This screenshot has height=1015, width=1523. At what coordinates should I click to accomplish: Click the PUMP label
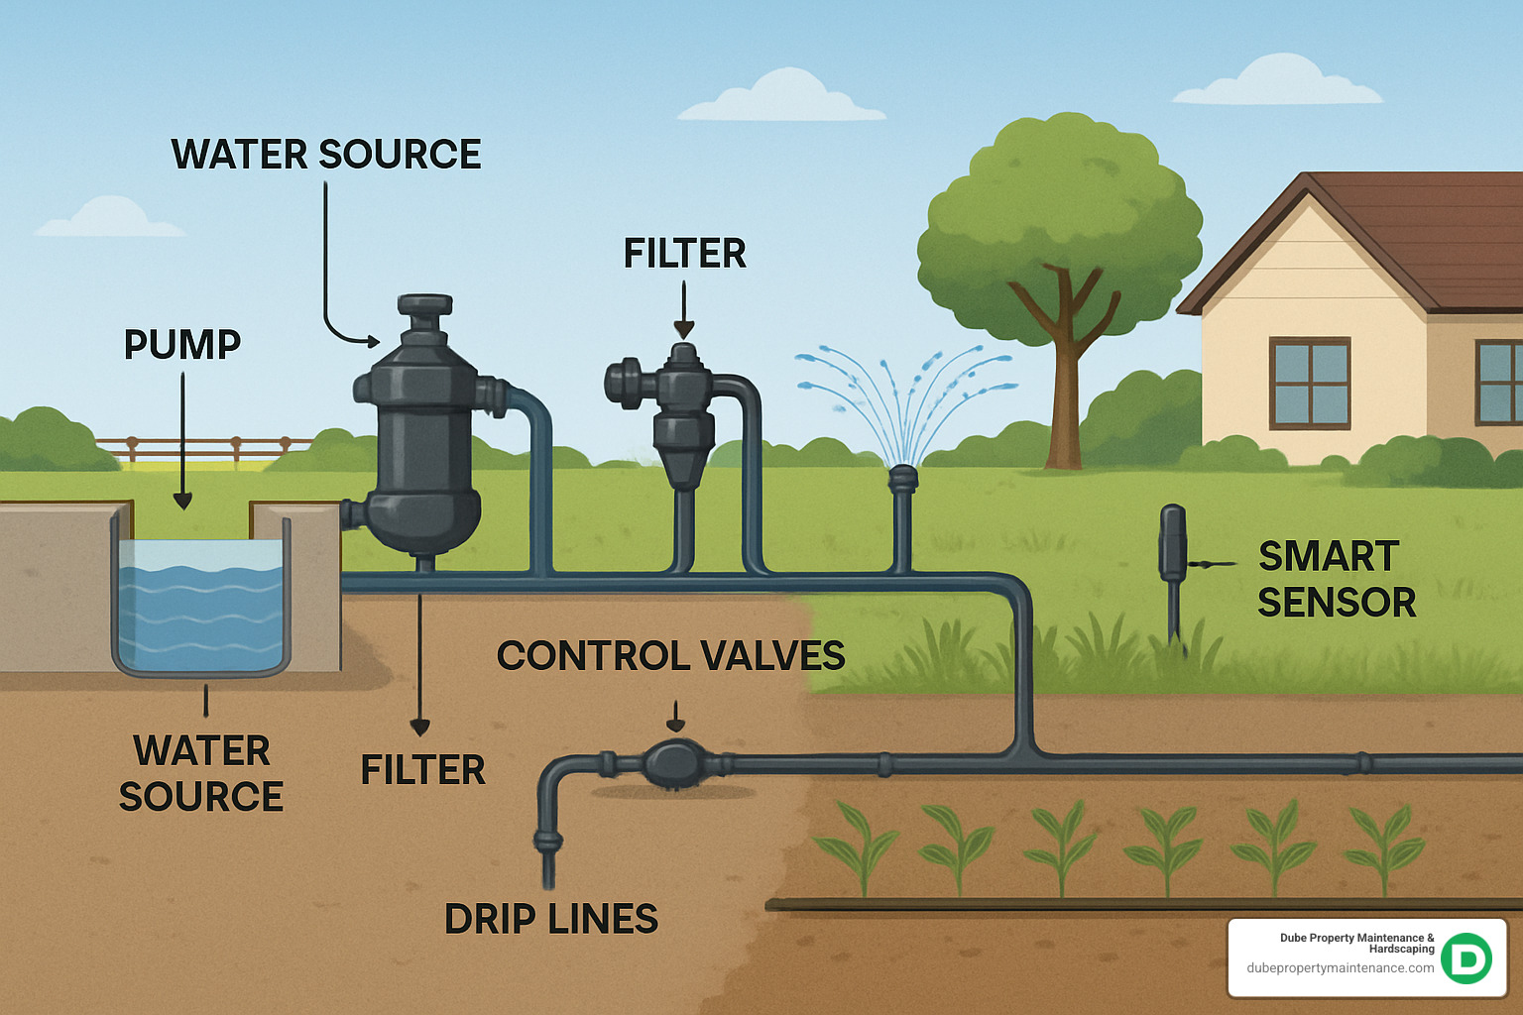tap(182, 345)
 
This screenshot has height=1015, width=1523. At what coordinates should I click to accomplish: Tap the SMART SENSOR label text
tap(1335, 580)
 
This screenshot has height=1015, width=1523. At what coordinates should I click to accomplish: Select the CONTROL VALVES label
tap(670, 656)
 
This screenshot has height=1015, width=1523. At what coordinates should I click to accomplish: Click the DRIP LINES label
tap(551, 920)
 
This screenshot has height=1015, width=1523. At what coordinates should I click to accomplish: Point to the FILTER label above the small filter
tap(684, 254)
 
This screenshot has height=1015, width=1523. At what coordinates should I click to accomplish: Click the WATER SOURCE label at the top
tap(326, 155)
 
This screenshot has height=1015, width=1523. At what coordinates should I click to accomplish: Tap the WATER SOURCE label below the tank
tap(201, 774)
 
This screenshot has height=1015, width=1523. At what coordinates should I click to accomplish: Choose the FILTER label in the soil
tap(422, 770)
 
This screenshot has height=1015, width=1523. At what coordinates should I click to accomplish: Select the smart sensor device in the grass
tap(1173, 542)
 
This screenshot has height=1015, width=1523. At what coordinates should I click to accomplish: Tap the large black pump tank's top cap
tap(424, 304)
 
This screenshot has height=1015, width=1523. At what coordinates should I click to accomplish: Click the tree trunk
tap(1065, 396)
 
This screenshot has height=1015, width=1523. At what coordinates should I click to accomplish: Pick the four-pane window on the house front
tap(1310, 383)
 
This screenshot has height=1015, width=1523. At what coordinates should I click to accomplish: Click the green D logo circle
tap(1466, 958)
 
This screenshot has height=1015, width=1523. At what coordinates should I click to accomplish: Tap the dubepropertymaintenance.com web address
tap(1340, 968)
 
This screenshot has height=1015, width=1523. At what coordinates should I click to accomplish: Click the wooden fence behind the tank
tap(198, 447)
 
